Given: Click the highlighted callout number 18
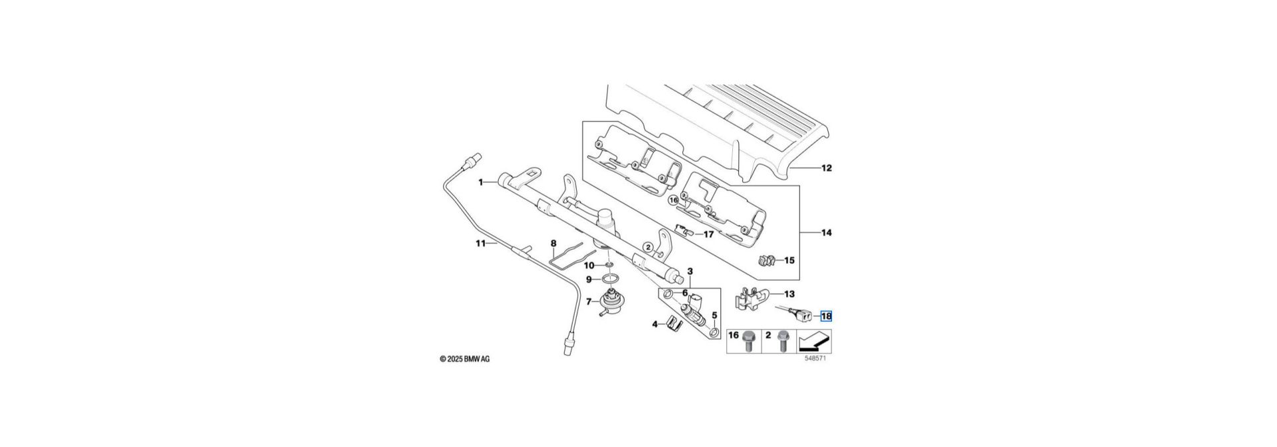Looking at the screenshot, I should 826,317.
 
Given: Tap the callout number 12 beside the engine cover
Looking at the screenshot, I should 826,168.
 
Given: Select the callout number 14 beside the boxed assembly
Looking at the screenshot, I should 826,233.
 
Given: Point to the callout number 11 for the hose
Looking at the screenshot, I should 481,243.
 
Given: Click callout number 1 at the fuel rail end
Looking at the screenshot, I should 481,182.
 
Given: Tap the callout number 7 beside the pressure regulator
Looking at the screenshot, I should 122,301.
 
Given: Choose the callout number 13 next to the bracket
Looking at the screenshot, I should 789,293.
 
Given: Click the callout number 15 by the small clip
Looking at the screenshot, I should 789,260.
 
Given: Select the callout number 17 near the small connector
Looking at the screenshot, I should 708,234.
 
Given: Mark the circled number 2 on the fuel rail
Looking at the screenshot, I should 648,247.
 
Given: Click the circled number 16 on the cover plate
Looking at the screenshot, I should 673,199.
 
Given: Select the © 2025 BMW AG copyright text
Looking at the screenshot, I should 465,359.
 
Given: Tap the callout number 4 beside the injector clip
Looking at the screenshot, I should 654,324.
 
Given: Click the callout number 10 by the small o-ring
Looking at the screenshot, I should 589,265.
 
